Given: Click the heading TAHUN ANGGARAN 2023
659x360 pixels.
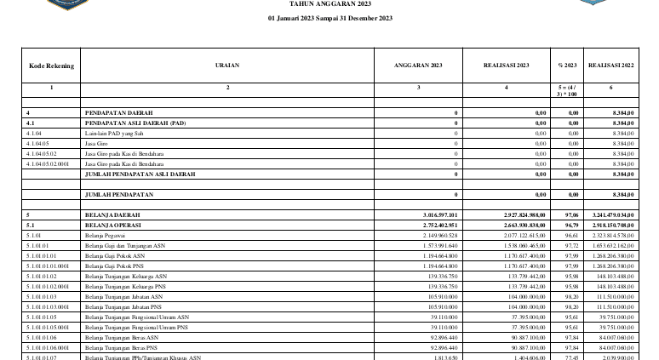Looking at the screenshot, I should click(x=329, y=3).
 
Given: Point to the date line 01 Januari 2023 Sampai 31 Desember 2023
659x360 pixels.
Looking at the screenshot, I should click(x=329, y=17).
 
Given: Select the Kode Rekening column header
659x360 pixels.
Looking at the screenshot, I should click(x=51, y=65).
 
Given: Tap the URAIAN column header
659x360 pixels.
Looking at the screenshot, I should click(x=227, y=65).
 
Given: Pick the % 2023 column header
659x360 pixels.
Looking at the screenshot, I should click(x=567, y=65).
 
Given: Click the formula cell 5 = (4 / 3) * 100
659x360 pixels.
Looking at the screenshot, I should click(x=567, y=89).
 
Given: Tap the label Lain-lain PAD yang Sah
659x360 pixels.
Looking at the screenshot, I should click(x=114, y=133).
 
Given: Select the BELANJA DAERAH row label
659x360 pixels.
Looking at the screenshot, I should click(x=111, y=214).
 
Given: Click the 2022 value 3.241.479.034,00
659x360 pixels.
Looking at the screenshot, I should click(x=610, y=214).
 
